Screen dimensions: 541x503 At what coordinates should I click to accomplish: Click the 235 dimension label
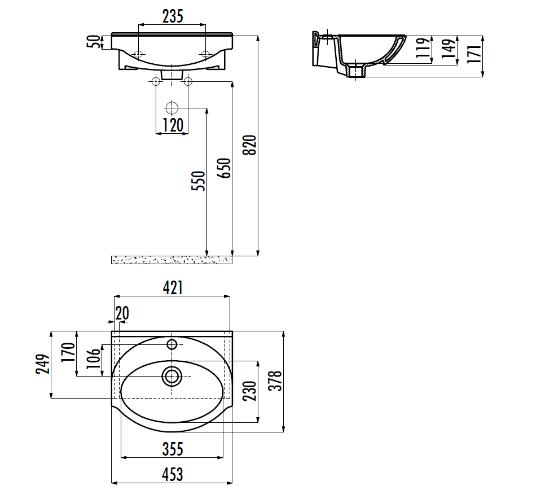point(173,16)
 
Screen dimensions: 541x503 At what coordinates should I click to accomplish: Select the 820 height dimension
point(250,145)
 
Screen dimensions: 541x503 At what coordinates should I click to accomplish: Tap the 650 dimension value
point(224,168)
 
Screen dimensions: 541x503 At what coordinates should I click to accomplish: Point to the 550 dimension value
point(199,181)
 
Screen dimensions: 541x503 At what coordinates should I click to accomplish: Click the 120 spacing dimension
point(173,125)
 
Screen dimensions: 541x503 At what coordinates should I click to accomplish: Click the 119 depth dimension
point(423,47)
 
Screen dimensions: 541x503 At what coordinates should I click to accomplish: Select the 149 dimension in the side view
point(449,48)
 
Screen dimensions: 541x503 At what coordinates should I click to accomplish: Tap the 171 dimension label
point(474,54)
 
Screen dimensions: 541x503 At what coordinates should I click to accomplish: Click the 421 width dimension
point(173,287)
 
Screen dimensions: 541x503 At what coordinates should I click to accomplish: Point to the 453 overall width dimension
point(173,474)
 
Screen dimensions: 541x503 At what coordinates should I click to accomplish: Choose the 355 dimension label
point(173,449)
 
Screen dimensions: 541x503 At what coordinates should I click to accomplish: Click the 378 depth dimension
point(275,381)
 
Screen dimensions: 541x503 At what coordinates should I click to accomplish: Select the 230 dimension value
point(250,391)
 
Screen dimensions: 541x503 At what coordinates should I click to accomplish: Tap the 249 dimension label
point(43,364)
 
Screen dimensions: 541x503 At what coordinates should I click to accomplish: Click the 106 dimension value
point(93,358)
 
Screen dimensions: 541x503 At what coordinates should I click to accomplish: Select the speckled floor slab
point(172,260)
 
